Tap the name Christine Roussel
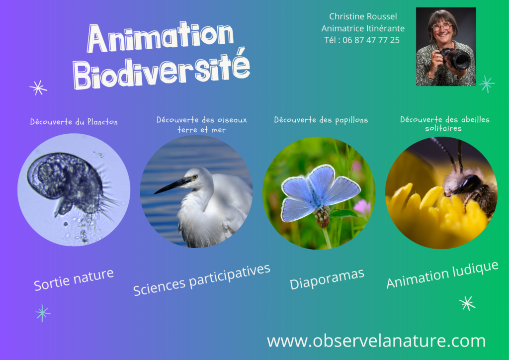coord(363,16)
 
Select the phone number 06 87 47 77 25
coord(371,40)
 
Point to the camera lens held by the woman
coord(458,60)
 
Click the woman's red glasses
coord(442,27)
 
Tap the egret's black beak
coord(172,186)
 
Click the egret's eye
coord(195,177)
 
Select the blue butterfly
coord(320,192)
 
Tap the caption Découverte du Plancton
coord(74,122)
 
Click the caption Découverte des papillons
coord(321,120)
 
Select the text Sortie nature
coord(74,279)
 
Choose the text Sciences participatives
coord(202,279)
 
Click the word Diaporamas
coord(327,279)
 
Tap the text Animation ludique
coord(442,274)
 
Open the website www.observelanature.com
coord(376,341)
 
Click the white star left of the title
coord(38,88)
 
